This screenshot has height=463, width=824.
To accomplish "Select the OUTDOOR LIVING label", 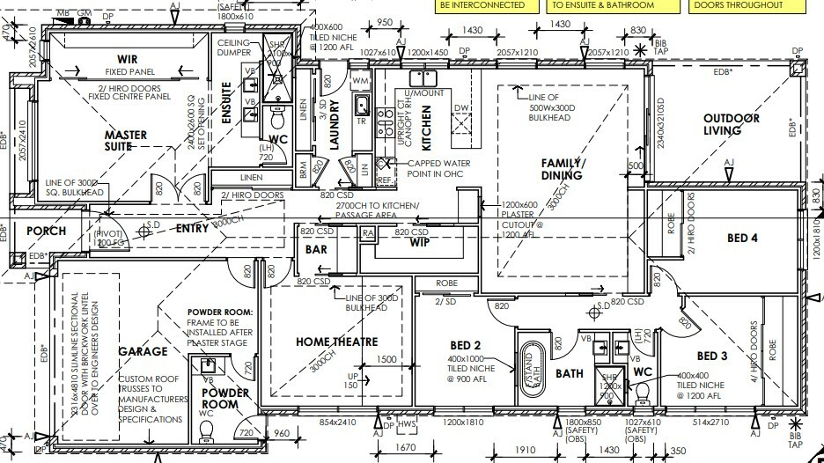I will tap(730, 126).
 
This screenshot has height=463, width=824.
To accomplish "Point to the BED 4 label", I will tap(743, 238).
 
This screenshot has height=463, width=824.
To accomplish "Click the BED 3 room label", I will tap(712, 356).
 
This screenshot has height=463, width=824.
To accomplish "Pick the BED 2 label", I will tap(464, 344).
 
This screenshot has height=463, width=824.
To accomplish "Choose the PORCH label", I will tap(46, 231).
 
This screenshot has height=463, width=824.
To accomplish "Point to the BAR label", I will tap(316, 250).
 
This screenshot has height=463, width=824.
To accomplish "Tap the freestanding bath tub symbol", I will tap(527, 362).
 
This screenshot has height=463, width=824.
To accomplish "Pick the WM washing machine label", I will tap(360, 81).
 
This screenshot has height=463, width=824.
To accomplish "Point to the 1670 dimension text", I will tap(407, 449).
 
